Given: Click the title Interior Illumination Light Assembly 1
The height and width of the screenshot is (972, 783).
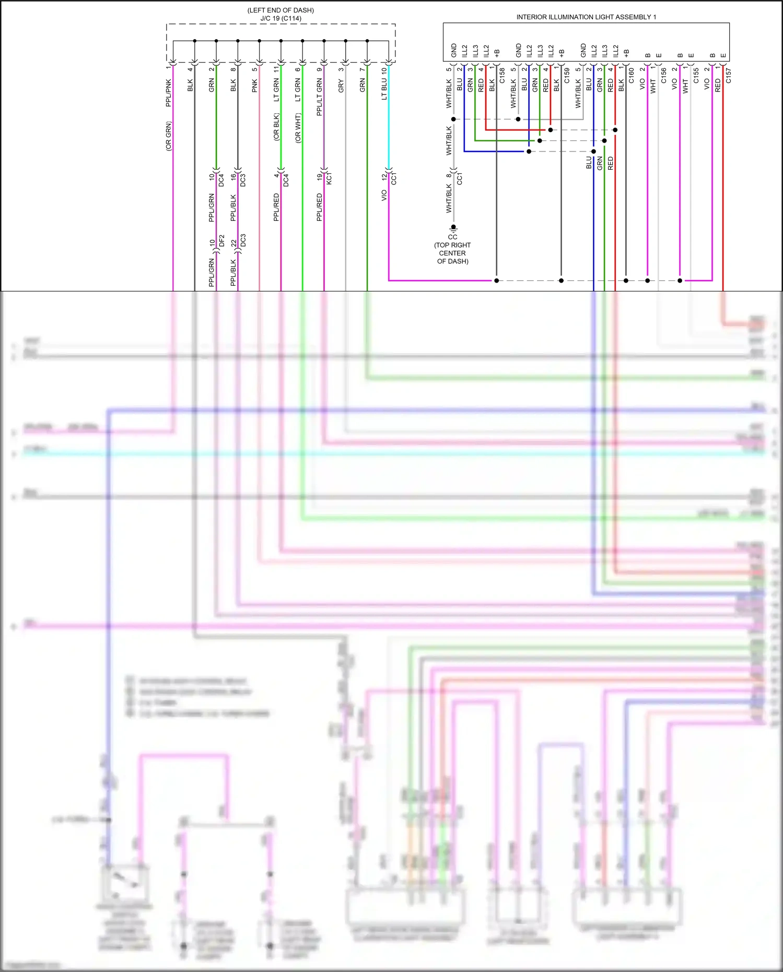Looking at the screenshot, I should [586, 17].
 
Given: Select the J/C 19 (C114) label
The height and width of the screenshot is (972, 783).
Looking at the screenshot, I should [281, 18].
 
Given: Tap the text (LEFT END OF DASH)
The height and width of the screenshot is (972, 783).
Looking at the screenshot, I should [281, 10].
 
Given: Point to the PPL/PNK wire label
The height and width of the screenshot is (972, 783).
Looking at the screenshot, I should [169, 93].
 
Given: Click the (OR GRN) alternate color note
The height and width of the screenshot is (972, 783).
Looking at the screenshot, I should [169, 136].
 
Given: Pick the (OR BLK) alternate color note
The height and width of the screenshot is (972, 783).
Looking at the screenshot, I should [277, 127].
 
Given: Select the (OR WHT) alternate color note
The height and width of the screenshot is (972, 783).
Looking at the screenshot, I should [298, 128].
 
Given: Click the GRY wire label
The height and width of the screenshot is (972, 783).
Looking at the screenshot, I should [341, 86].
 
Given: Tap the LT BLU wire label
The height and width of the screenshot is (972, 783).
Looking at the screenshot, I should [384, 89].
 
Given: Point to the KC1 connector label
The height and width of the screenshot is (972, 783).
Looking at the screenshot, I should [329, 178].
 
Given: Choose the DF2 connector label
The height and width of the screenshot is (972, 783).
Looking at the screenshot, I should [221, 241].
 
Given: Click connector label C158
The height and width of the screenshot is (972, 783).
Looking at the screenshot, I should [502, 75].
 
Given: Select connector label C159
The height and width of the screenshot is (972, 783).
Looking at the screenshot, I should [567, 75].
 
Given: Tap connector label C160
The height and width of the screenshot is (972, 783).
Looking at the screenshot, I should [632, 75].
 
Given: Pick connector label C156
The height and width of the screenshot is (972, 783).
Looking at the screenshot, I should [664, 75].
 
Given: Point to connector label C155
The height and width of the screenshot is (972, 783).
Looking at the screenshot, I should [696, 75].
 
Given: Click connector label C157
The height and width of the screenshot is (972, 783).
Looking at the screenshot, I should [729, 75].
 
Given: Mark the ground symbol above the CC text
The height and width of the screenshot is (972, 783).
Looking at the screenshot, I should [453, 228].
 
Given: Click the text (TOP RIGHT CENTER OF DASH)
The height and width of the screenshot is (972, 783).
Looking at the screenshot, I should [452, 253].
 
